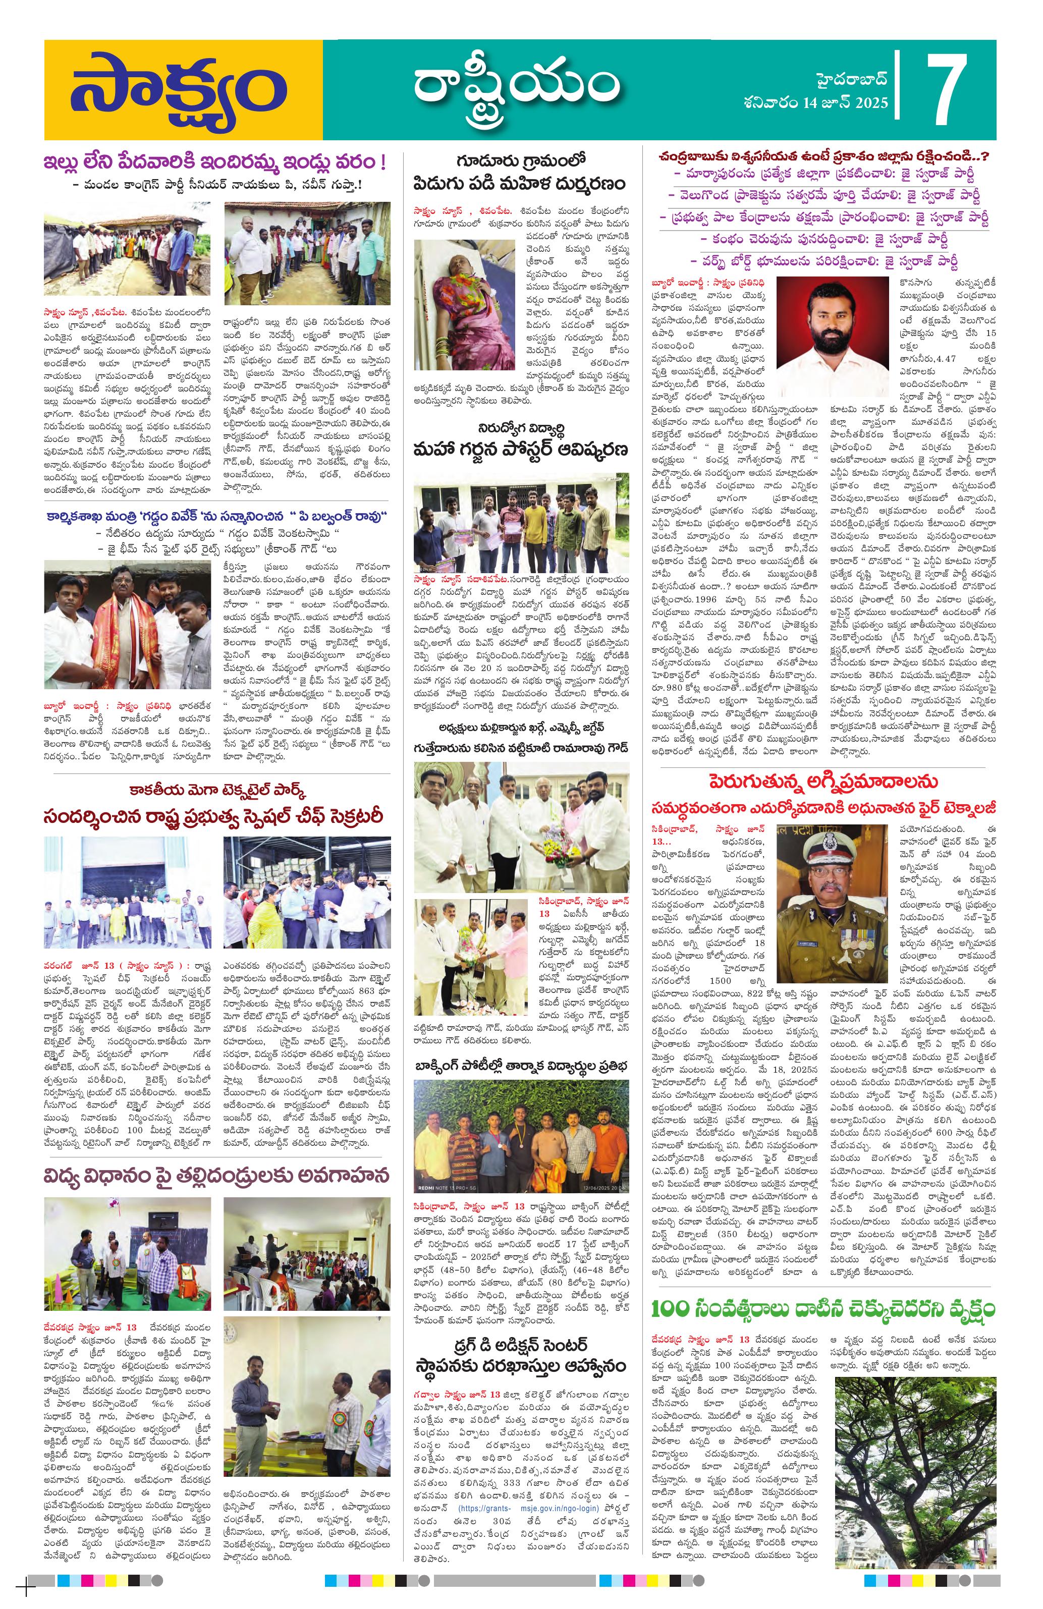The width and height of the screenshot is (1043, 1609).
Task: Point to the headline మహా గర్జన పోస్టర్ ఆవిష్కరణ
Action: pyautogui.click(x=523, y=450)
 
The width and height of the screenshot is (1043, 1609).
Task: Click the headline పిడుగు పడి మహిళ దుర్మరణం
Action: pyautogui.click(x=520, y=183)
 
